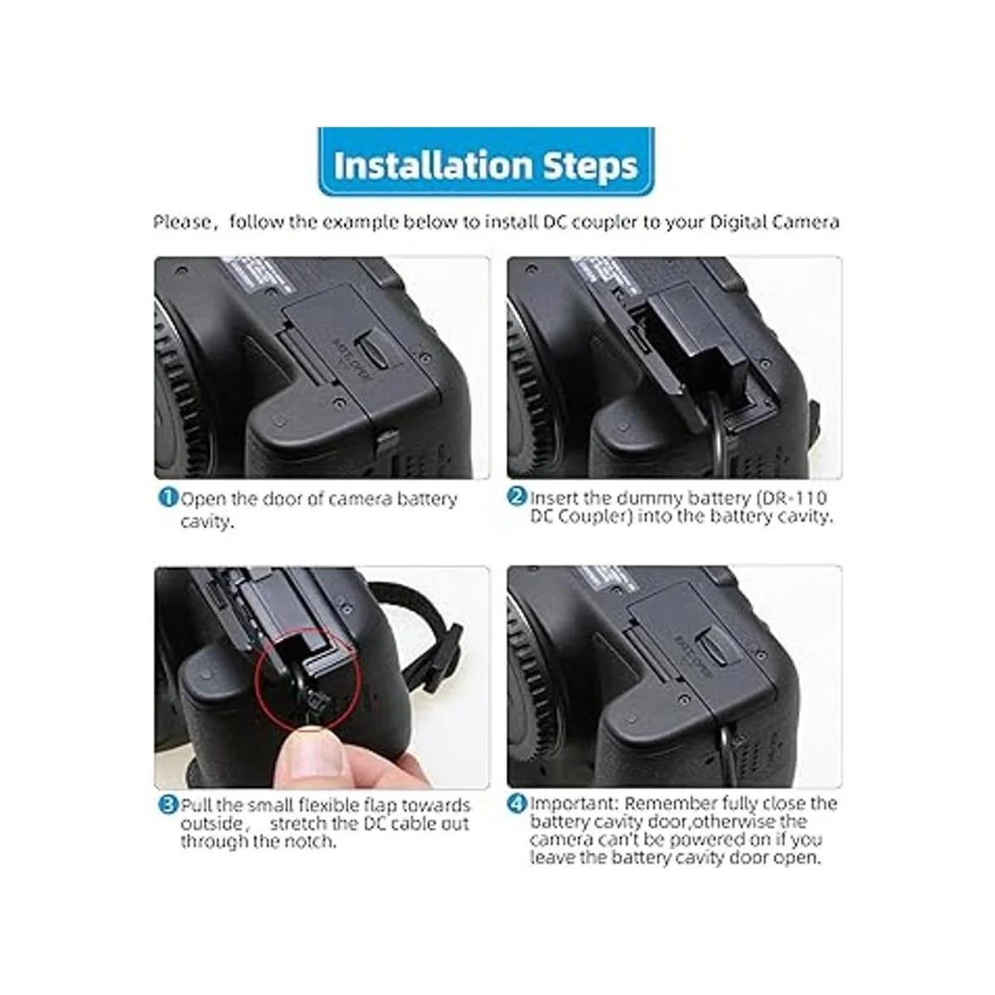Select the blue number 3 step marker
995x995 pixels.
pos(167,804)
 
